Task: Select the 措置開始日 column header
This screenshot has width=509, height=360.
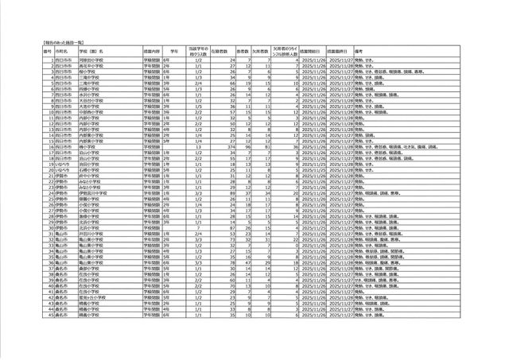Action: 313,49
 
